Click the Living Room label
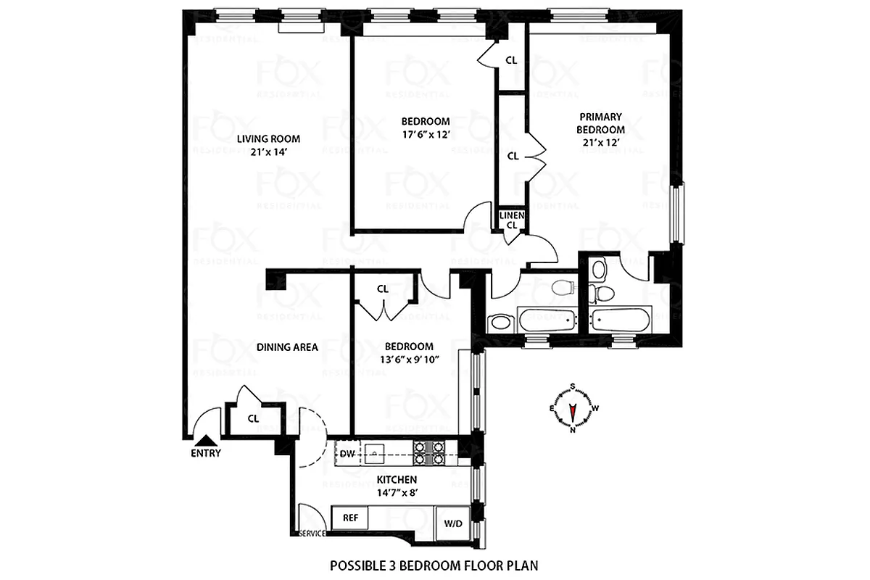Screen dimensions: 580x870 click(268, 138)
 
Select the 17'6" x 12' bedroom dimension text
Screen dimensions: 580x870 click(425, 135)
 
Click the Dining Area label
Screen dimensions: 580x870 click(287, 347)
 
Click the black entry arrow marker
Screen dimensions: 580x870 click(206, 439)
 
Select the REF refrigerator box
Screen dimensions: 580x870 click(349, 518)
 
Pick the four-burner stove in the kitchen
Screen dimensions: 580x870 click(428, 453)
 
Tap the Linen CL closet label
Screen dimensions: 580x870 click(511, 219)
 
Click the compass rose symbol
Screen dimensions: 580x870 click(572, 407)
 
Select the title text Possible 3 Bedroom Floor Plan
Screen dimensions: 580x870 click(434, 565)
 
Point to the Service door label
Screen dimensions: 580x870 click(312, 534)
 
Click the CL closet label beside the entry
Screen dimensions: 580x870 click(253, 418)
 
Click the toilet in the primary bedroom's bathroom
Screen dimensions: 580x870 click(600, 291)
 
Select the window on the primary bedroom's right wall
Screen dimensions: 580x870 click(676, 213)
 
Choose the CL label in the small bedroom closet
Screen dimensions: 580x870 click(382, 289)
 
